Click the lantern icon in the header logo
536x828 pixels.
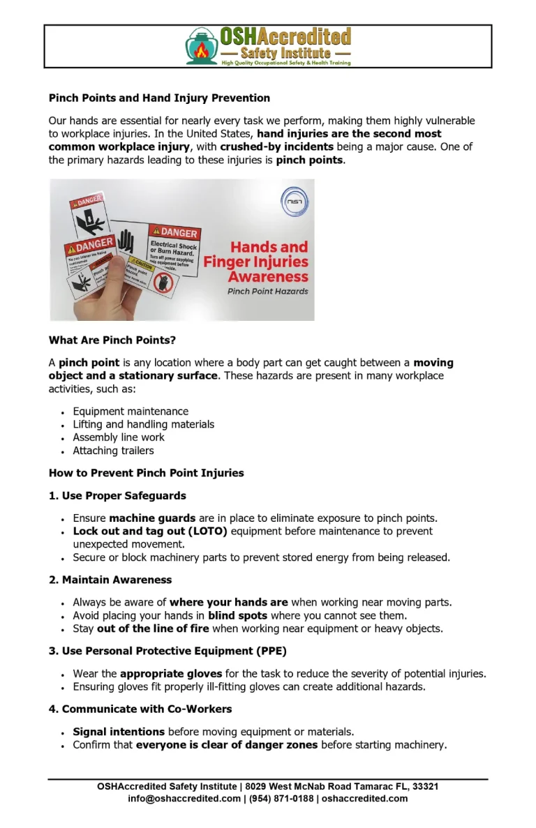(201, 46)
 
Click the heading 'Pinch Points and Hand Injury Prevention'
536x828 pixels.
(159, 98)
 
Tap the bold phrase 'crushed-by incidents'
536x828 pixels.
(278, 146)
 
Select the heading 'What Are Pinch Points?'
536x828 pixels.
(112, 340)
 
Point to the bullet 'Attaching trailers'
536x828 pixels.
(113, 451)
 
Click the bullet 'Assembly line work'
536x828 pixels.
(119, 437)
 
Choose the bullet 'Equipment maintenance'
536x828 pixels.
(131, 412)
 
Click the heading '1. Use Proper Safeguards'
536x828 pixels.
(117, 496)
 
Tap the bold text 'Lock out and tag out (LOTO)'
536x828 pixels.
(150, 532)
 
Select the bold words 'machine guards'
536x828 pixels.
(152, 518)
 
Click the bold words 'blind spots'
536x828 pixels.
(237, 615)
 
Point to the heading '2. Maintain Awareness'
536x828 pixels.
(110, 580)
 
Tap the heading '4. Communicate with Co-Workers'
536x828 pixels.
(140, 709)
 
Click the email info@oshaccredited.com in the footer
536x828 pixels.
(184, 799)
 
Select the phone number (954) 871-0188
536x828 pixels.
(281, 799)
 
